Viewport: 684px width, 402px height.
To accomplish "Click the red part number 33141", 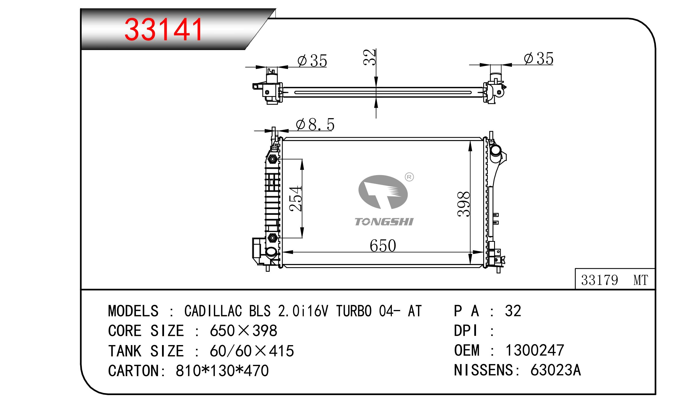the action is coord(164,30).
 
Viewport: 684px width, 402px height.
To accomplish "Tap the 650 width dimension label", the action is coord(383,246).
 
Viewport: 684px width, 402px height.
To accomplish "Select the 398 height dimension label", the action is coord(464,204).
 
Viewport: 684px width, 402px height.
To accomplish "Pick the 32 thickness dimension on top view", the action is coord(369,57).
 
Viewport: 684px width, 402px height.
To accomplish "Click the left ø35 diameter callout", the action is coord(312,61).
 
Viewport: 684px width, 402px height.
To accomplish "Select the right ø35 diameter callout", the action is coord(538,59).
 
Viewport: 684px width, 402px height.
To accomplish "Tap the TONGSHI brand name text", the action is coord(384,222).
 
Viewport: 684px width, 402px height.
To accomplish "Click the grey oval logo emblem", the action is coord(383,192).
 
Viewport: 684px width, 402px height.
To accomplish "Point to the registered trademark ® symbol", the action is coord(409,177).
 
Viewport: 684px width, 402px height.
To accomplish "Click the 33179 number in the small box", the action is coord(599,280).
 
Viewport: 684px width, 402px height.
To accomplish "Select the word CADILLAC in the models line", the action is coord(213,311).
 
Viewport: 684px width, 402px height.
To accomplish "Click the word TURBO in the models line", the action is coord(354,311).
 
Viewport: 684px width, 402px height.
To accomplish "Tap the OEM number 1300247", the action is coord(535,350).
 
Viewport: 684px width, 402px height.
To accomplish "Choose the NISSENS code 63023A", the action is coord(556,370).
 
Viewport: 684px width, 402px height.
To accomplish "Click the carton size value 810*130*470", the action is coord(222,370).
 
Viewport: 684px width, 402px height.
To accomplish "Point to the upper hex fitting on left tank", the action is coord(272,159).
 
